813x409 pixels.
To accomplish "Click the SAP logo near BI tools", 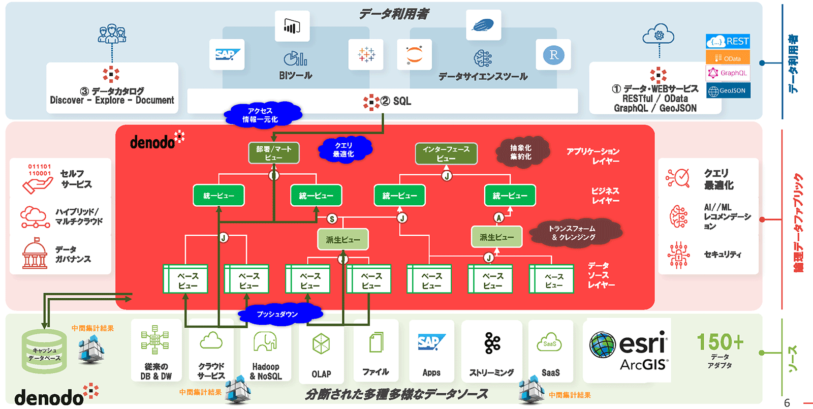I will point(227,54).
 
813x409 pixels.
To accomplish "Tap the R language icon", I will point(553,55).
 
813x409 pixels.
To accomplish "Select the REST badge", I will point(728,41).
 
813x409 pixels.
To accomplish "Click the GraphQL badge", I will point(728,73).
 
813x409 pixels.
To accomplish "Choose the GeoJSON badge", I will point(728,90).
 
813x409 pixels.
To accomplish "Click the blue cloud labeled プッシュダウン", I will point(277,314).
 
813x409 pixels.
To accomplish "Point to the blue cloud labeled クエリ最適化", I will point(344,149).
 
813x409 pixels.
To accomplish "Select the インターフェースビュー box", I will point(446,153).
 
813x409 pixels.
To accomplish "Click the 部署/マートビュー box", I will point(274,153).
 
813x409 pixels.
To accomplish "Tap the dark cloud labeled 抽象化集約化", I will point(521,152).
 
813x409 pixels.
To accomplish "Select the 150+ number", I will point(720,342).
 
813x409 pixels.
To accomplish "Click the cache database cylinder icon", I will point(44,350).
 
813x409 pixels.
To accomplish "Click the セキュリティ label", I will point(722,254).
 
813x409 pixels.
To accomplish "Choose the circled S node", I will point(332,219).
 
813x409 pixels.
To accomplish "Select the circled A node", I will point(499,218).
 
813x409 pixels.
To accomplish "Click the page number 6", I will point(787,403).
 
